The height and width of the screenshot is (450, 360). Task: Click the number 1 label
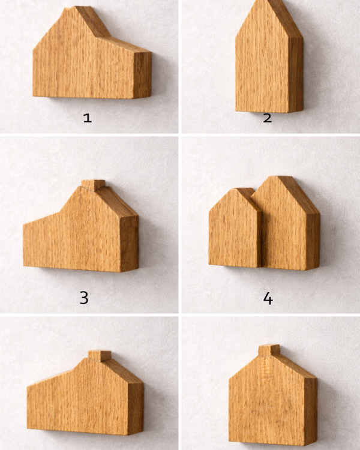click(87, 118)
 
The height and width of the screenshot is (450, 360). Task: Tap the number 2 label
click(267, 118)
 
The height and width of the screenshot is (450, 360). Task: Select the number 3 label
click(84, 298)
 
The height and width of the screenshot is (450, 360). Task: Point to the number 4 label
click(268, 298)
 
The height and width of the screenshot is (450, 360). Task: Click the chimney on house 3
click(93, 185)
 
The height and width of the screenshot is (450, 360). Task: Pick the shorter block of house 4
click(235, 228)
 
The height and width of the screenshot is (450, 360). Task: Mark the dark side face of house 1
click(143, 75)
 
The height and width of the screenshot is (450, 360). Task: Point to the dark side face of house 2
click(296, 74)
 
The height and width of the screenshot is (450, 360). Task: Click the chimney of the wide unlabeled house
click(100, 356)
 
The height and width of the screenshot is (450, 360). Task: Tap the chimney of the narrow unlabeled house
click(269, 350)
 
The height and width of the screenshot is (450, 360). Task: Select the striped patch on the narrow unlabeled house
click(265, 368)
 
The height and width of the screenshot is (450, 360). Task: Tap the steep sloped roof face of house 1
click(92, 22)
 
